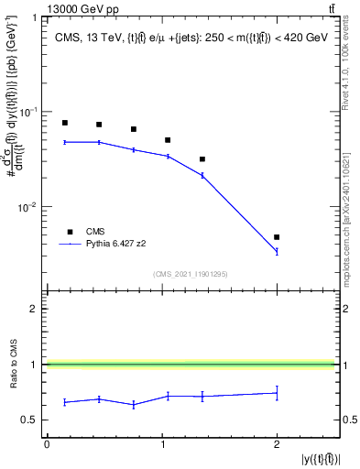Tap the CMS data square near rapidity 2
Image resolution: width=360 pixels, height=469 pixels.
coord(277,237)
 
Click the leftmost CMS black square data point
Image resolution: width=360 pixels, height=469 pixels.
coord(64,123)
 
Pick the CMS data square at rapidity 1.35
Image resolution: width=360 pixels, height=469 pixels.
coord(202,159)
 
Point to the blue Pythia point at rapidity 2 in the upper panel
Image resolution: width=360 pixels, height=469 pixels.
coord(277,252)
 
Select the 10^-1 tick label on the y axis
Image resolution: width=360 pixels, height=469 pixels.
coord(29,112)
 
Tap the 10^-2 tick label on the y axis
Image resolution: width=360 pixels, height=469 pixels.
coord(29,207)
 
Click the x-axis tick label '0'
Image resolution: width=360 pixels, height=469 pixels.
coord(47,444)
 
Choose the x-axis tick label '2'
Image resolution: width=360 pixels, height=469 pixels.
coord(277,444)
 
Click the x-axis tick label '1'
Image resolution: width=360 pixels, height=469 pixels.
coord(162,444)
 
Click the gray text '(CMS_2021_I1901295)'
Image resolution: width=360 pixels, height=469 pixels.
coord(191,274)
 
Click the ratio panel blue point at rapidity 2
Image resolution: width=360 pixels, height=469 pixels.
coord(277,393)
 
